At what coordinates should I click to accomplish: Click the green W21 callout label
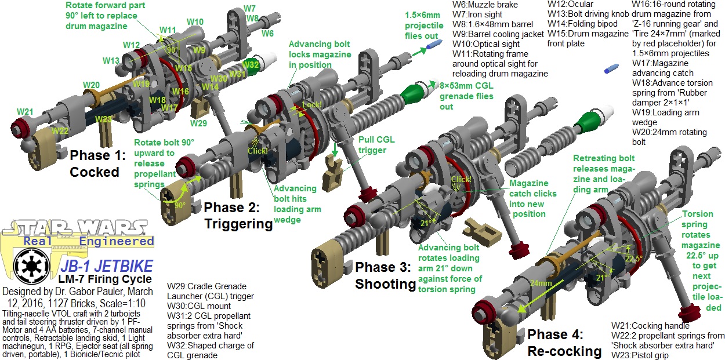[x=25, y=111]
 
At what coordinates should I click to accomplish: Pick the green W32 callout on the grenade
[x=251, y=65]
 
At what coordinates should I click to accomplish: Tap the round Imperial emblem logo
[x=29, y=267]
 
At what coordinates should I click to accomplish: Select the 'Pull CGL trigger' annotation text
[x=372, y=146]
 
